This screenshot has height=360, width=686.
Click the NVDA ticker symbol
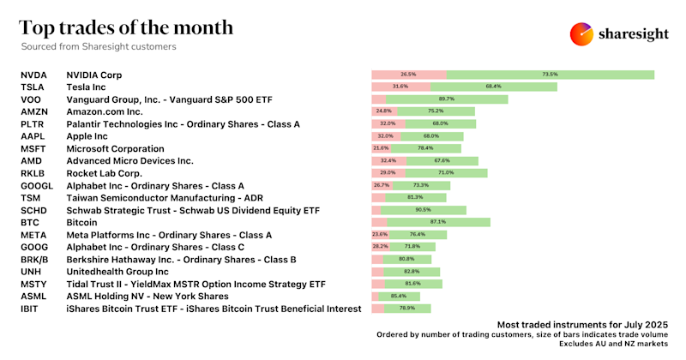coord(33,75)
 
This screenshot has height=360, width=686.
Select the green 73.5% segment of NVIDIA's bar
coord(551,75)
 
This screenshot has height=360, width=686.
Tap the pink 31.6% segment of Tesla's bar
coord(400,87)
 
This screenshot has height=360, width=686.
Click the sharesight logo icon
coord(582,33)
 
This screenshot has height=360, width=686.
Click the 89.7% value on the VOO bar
coord(446,99)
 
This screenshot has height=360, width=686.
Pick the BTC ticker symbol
coord(30,222)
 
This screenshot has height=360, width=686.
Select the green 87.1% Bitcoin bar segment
coord(438,222)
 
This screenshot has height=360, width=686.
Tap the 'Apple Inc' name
coord(87,136)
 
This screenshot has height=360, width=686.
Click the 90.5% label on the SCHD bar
coord(424,210)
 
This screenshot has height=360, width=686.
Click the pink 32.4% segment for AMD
coord(385,160)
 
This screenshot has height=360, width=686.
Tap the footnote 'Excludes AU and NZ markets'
coord(613,344)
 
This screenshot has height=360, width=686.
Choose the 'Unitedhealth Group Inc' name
coord(116,271)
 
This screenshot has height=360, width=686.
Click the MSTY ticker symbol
coord(34,284)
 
